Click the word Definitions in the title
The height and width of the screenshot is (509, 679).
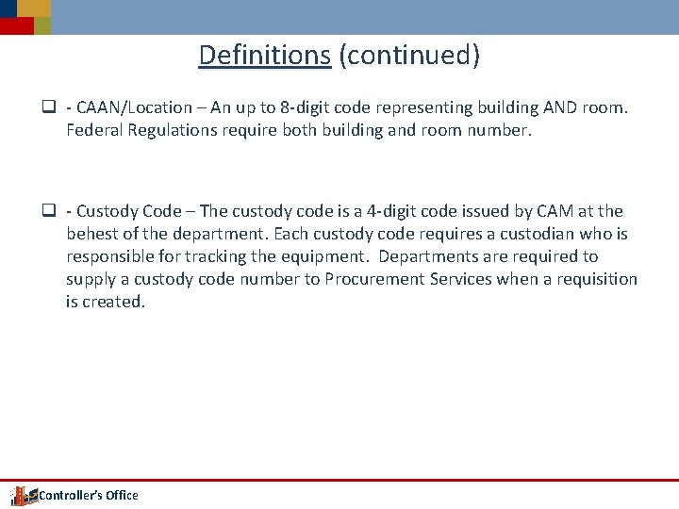click(x=264, y=56)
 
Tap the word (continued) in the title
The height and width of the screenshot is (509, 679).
click(x=410, y=56)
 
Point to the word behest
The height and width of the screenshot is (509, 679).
click(x=93, y=234)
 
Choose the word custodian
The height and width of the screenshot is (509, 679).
click(x=519, y=234)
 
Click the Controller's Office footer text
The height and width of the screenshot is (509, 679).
click(x=88, y=496)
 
